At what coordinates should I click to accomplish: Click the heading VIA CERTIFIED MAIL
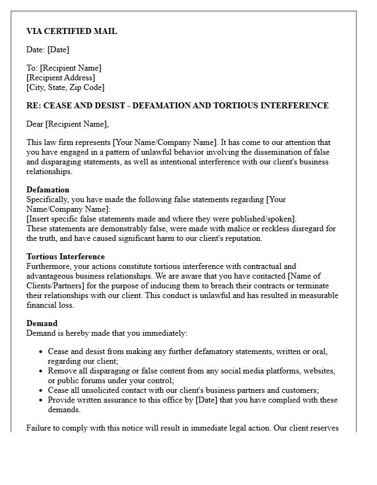(72, 31)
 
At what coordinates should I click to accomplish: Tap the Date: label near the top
(36, 50)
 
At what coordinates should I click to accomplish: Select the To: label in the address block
(32, 68)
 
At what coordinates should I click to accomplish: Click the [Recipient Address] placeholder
(61, 78)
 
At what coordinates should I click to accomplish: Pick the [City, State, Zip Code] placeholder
(65, 87)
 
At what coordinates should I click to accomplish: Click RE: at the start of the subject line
(34, 106)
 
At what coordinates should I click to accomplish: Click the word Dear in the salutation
(35, 124)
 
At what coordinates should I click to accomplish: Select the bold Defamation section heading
(48, 190)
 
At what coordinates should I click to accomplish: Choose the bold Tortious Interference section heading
(66, 257)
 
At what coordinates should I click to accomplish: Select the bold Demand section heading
(42, 323)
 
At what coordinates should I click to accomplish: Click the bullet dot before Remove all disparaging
(41, 371)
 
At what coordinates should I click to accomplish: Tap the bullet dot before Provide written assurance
(41, 400)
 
